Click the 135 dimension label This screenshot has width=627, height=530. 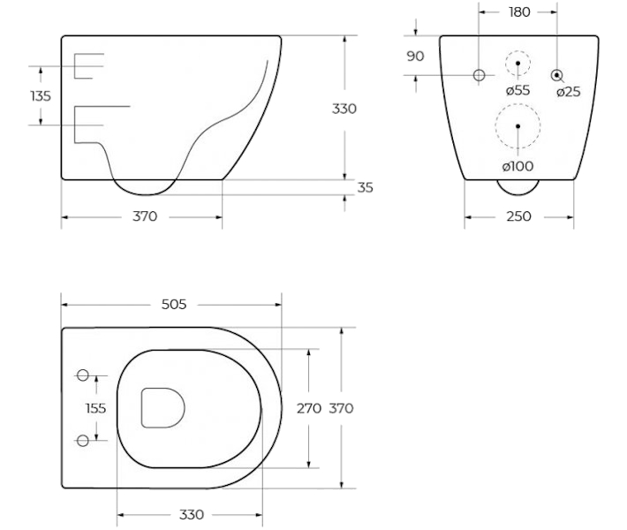click(41, 96)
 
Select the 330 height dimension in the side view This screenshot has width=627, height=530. click(344, 109)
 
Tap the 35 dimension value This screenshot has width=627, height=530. click(365, 187)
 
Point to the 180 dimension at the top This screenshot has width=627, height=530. click(519, 12)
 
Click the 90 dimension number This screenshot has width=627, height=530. click(415, 56)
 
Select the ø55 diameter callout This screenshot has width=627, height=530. click(517, 90)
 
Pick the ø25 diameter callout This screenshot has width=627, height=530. click(568, 92)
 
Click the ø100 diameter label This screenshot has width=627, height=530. click(517, 166)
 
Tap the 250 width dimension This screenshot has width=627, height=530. click(518, 216)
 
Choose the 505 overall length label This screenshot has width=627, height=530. click(174, 305)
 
